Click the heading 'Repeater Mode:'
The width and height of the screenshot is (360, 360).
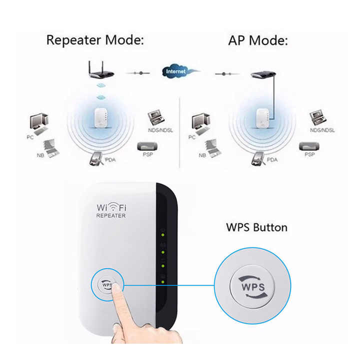[x=94, y=40]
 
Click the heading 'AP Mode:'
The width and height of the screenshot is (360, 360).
[x=258, y=40]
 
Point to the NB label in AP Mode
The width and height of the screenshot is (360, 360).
[x=202, y=155]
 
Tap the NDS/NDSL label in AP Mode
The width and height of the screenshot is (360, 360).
[x=322, y=130]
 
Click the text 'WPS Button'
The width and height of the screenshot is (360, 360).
[x=256, y=227]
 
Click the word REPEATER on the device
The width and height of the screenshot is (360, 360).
[x=110, y=215]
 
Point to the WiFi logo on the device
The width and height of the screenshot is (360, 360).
[x=110, y=206]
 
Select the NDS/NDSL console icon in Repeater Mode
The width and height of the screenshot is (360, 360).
[x=156, y=118]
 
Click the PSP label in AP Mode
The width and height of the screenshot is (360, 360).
[x=309, y=155]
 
